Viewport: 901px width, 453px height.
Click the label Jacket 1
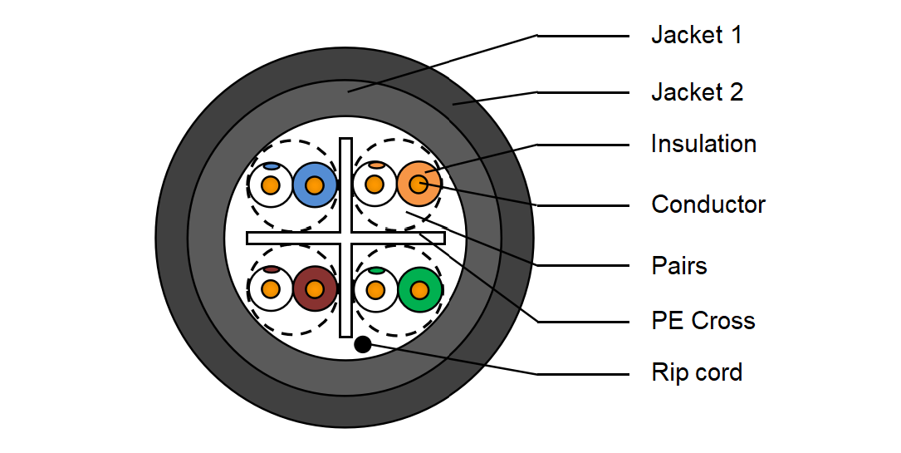point(697,35)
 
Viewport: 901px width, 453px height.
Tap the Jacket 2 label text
point(697,92)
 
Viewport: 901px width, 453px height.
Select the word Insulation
point(703,144)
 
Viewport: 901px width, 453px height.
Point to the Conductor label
point(708,204)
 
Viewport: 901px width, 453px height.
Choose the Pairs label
point(679,266)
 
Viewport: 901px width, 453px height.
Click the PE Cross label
point(703,321)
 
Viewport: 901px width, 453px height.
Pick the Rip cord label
point(697,372)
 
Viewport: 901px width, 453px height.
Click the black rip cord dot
point(363,344)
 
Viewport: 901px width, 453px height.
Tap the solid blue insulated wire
point(315,185)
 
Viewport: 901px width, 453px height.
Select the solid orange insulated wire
point(419,185)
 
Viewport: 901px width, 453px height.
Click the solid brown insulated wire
point(315,289)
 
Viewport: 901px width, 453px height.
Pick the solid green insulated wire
point(420,290)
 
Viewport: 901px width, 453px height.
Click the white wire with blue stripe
point(271,185)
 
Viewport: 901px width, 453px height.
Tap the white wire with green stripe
point(375,290)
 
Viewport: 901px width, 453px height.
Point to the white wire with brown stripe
point(271,289)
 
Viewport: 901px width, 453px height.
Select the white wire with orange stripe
point(375,185)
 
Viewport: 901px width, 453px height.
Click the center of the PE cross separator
point(346,238)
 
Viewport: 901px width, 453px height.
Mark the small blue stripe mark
point(272,167)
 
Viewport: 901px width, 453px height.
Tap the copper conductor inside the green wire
point(420,290)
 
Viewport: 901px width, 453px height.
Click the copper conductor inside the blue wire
point(315,185)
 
